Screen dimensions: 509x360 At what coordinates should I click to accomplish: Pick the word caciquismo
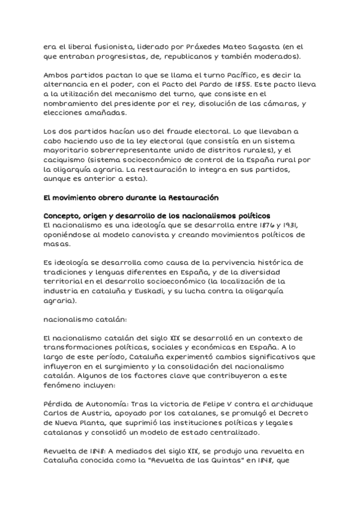coord(66,160)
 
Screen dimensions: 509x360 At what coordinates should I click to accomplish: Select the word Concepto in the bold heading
coord(63,216)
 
